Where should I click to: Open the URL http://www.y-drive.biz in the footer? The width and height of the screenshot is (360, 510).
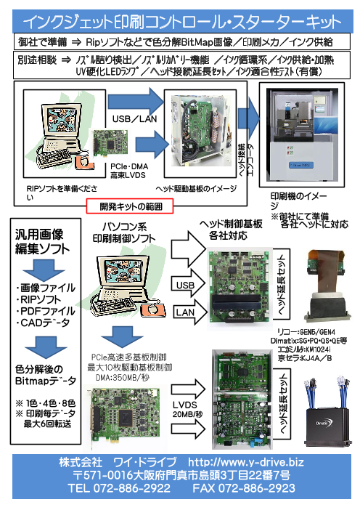[x=246, y=462]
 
